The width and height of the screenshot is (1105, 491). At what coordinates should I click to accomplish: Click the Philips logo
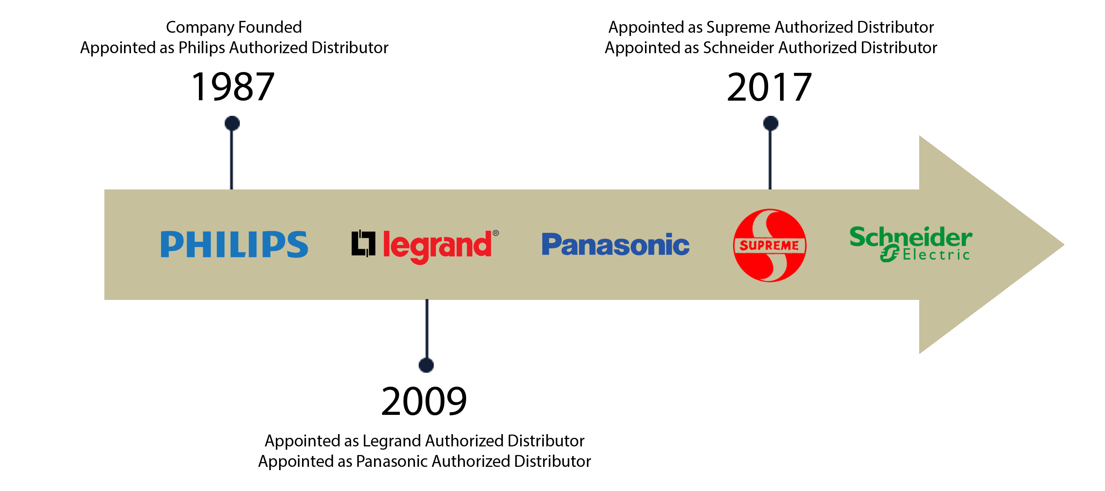point(234,244)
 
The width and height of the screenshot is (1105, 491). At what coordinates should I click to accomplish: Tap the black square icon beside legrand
point(363,243)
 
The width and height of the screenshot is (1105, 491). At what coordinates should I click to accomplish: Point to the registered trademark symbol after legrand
point(496,233)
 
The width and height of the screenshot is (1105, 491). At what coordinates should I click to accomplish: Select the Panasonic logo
point(616,244)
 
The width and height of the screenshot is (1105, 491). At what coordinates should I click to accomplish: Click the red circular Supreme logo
point(769,245)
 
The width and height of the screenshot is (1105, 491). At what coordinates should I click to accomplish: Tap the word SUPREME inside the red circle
point(769,246)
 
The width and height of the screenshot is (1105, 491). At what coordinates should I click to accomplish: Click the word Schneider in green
point(911,237)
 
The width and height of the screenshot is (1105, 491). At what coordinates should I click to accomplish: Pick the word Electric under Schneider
point(936,256)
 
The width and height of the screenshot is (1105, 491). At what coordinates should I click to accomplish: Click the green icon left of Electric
point(889,253)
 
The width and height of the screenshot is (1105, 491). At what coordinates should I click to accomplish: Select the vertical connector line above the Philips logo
point(232,152)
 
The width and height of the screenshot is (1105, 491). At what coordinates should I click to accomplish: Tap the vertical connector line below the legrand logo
point(426,336)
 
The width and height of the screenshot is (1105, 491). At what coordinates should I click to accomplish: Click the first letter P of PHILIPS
point(171,244)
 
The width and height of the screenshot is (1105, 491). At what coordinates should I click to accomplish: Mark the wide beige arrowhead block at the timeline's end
point(991,244)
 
